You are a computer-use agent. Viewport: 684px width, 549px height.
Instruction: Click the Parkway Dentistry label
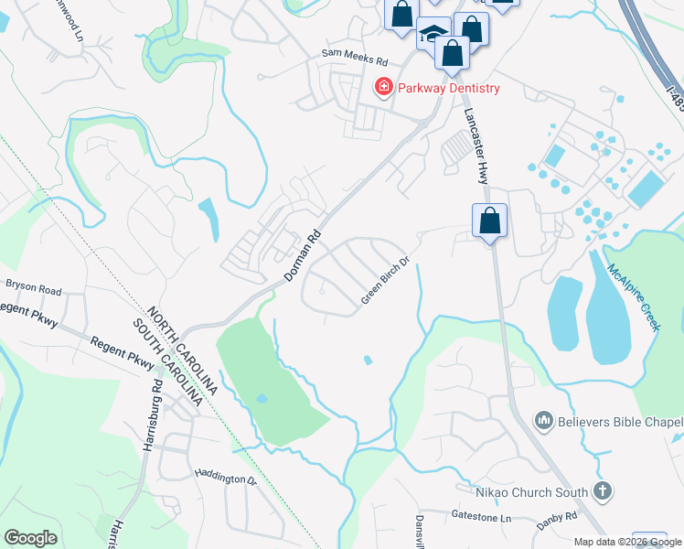tap(447, 88)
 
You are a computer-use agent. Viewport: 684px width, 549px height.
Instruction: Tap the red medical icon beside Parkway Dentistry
tap(383, 88)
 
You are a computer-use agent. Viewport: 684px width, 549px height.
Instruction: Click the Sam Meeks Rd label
tap(355, 56)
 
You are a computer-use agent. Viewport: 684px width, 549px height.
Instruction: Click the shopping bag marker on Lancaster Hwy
tap(489, 221)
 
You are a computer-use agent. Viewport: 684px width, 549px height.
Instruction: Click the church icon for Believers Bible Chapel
tap(544, 421)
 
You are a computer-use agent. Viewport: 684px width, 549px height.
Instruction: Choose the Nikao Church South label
tap(530, 492)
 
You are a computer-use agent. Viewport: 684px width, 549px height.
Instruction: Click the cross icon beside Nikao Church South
tap(602, 490)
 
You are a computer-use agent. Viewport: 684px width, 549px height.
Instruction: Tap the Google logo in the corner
tap(30, 537)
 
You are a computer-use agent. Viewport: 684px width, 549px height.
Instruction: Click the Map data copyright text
tap(626, 542)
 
